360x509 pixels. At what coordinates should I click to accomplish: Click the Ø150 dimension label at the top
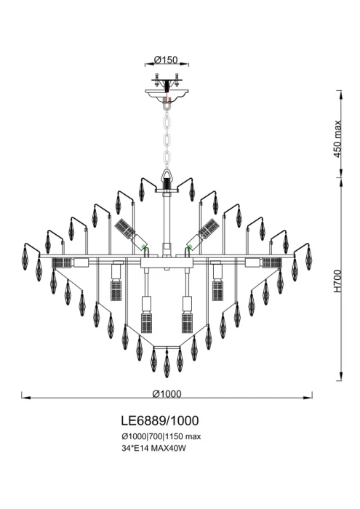(x=167, y=60)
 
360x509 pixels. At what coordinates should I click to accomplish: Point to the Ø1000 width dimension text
(x=167, y=393)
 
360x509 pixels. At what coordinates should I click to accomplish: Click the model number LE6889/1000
(x=159, y=420)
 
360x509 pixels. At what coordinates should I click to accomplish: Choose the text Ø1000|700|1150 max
(x=160, y=436)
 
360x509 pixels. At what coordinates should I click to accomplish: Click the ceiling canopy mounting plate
(x=167, y=92)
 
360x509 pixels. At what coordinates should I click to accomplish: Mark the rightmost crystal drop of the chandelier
(x=308, y=257)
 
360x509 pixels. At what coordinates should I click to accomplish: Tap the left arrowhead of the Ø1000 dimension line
(x=24, y=398)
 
